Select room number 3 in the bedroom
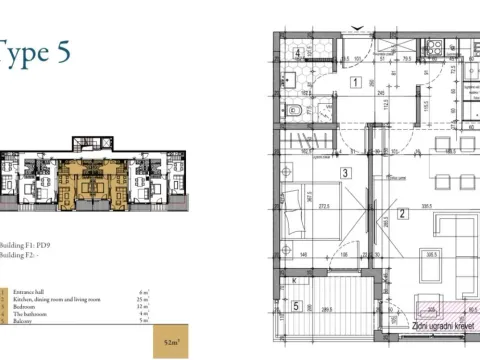coord(343,173)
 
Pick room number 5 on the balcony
coord(297,305)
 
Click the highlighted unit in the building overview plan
coord(84,181)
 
